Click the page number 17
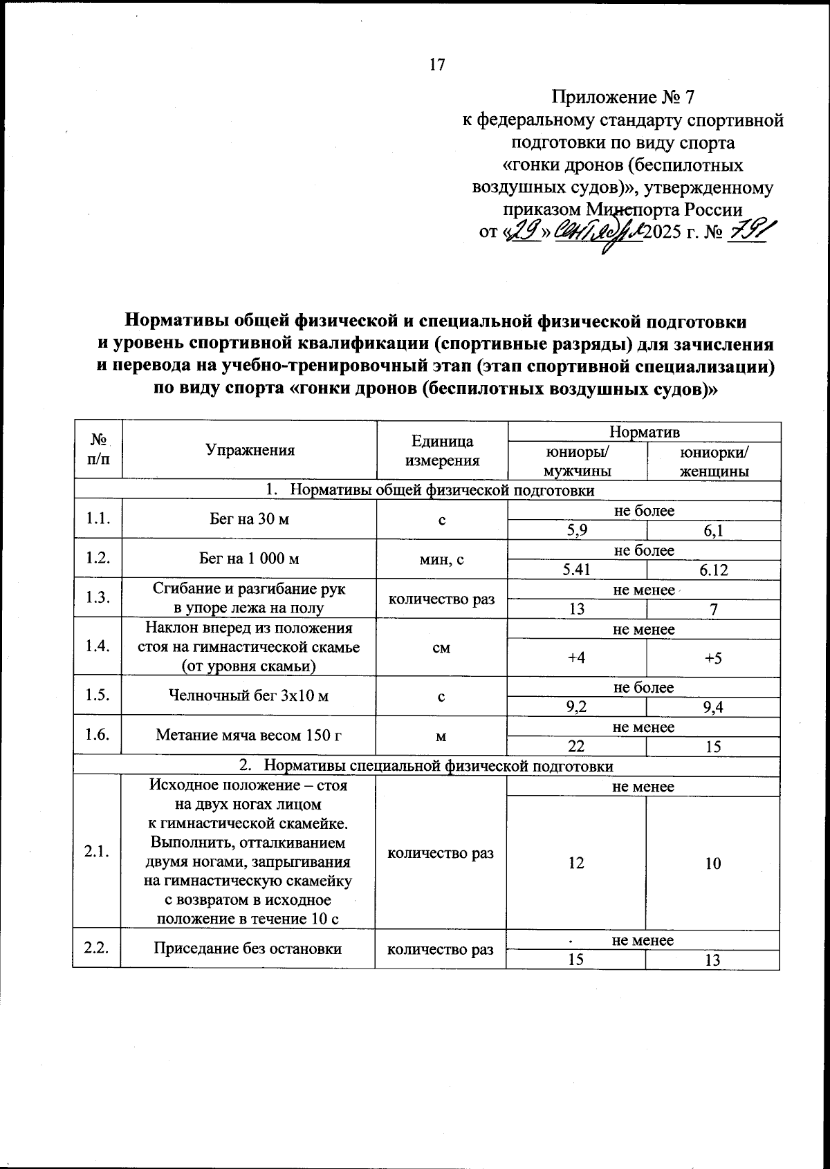437,65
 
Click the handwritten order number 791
748,230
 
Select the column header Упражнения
250,450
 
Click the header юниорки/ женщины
714,462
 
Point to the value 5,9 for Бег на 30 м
576,531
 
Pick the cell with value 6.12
714,570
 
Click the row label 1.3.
97,598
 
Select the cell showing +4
576,657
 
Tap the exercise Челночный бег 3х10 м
249,695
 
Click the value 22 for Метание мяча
576,747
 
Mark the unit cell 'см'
441,648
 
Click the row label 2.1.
97,852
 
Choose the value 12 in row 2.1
576,863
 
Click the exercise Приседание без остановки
248,948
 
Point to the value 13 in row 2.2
714,960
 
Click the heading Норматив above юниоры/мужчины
644,432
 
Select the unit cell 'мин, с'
441,559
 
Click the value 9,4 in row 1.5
714,707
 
